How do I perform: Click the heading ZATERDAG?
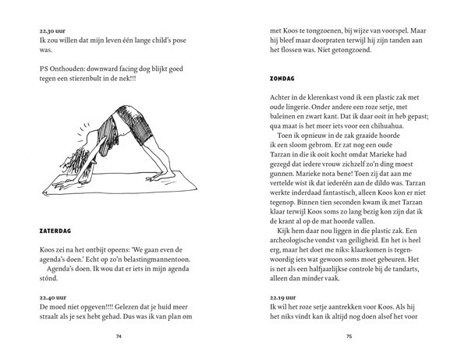click(58, 231)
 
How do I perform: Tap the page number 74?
click(119, 337)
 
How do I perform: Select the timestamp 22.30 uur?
click(54, 28)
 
